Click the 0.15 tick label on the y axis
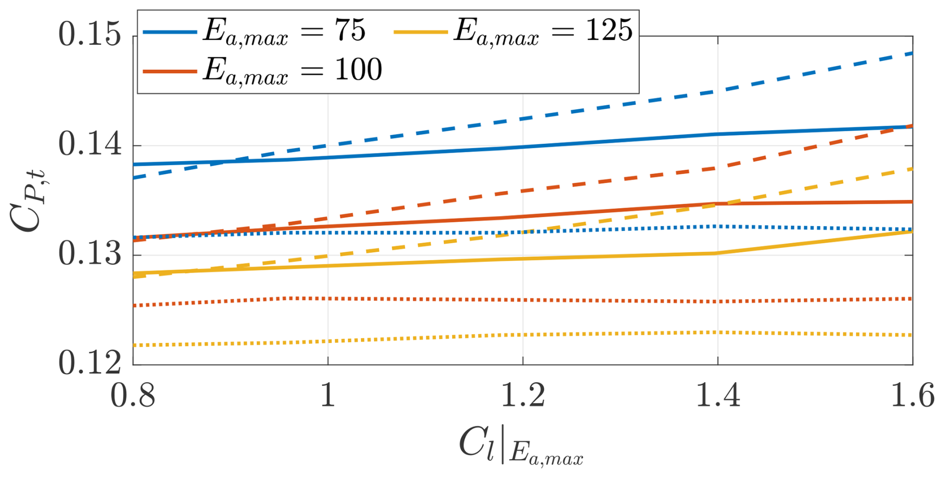click(x=90, y=36)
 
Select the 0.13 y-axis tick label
click(x=90, y=254)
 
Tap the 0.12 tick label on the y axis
click(x=90, y=363)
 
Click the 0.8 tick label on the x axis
click(x=133, y=397)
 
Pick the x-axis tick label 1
click(x=328, y=397)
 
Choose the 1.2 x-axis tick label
click(x=522, y=397)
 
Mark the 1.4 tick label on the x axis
click(x=717, y=397)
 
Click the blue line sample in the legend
click(x=170, y=32)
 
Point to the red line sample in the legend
click(x=170, y=71)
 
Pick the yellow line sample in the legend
click(x=420, y=32)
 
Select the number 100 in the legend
click(x=358, y=69)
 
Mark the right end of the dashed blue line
click(x=912, y=53)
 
